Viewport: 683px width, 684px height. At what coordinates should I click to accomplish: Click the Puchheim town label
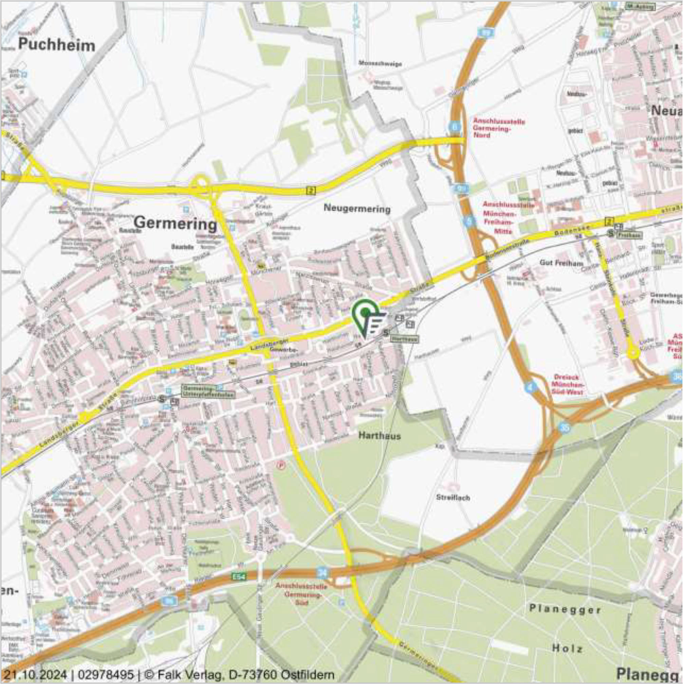(x=57, y=45)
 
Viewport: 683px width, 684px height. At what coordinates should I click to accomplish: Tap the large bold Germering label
(x=176, y=224)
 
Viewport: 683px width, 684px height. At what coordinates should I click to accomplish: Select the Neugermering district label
(x=357, y=208)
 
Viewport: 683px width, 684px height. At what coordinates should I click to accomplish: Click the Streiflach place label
(x=453, y=497)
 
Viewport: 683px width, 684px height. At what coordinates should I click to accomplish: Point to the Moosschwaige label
(x=380, y=64)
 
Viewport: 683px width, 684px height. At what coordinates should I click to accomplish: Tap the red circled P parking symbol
(x=281, y=464)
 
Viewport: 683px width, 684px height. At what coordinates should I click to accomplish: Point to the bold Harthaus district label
(x=380, y=436)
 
